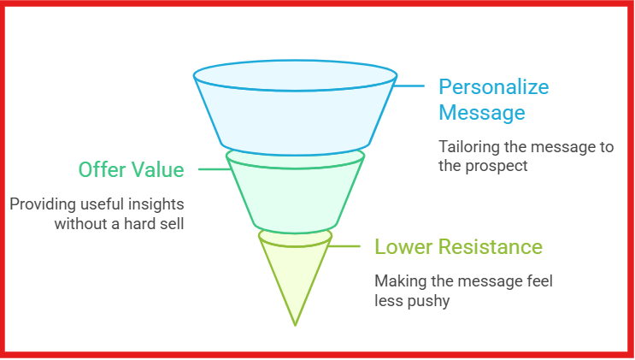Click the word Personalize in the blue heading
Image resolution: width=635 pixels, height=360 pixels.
tap(493, 87)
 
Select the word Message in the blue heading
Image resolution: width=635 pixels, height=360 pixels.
tap(481, 113)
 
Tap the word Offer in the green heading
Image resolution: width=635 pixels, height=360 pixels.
tap(102, 170)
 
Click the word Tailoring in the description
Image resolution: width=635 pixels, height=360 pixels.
tap(467, 147)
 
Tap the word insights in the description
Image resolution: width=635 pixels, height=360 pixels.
tap(159, 205)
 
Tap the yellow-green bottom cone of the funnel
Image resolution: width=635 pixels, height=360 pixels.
tap(295, 274)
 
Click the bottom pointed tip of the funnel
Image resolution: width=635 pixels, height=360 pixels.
tap(295, 324)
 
